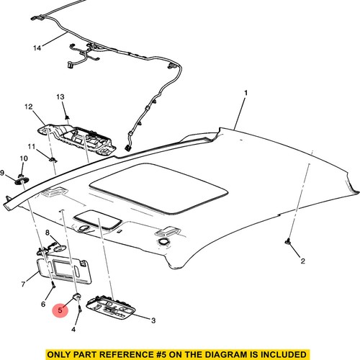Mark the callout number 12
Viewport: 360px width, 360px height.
coord(29,107)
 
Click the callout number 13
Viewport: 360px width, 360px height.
coord(60,96)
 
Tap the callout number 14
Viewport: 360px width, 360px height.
coord(37,48)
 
